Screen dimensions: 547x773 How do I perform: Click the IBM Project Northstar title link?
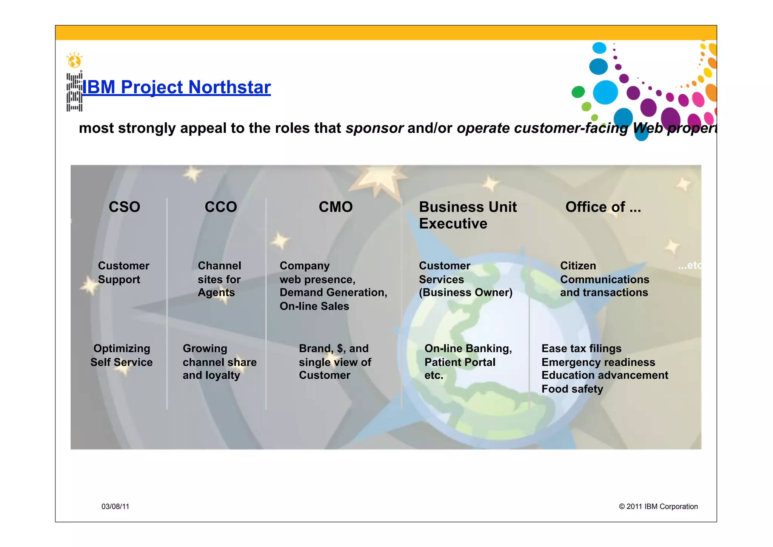coord(176,87)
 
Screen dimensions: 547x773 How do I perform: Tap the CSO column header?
coord(124,207)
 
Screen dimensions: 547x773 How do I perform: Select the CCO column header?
coord(221,207)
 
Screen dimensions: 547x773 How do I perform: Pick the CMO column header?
coord(336,207)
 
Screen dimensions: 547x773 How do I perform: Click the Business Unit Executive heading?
coord(468,215)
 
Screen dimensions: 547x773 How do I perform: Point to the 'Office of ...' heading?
coord(603,207)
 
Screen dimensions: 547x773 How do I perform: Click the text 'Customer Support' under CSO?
coord(123,272)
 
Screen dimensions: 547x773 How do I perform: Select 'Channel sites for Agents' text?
coord(219,279)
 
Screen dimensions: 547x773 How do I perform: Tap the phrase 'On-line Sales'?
coord(314,306)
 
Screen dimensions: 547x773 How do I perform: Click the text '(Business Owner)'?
coord(465,292)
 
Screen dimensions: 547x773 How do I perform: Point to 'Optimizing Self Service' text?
coord(122,355)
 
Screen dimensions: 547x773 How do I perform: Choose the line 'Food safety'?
coord(572,389)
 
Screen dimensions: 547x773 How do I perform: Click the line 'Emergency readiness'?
coord(598,362)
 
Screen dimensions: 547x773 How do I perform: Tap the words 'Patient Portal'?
coord(460,362)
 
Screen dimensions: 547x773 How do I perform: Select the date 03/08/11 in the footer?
coord(115,507)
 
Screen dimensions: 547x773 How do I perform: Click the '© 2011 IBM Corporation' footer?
coord(658,507)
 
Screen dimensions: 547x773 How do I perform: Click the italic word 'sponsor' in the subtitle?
coord(374,128)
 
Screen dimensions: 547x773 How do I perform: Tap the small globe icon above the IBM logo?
coord(74,60)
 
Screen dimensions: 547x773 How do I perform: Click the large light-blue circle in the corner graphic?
coord(605,92)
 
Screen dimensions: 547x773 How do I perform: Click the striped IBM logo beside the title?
coord(74,92)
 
